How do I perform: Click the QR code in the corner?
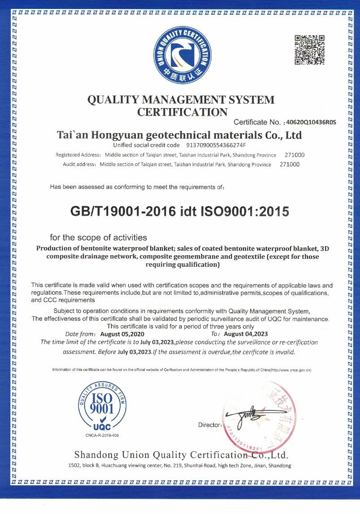309,50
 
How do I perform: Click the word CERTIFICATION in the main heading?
182,112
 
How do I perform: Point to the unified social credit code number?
216,145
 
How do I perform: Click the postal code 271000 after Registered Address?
295,155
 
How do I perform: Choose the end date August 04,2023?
246,334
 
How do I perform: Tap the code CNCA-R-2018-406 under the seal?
102,436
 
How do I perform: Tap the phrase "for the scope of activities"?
98,237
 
